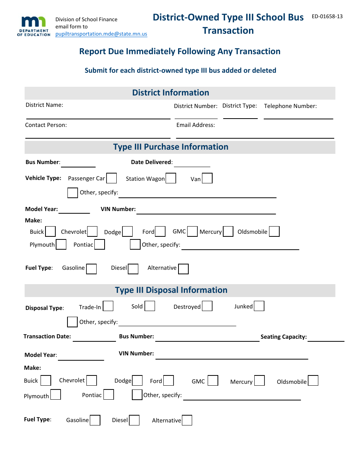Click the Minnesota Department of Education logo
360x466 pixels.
[x=33, y=26]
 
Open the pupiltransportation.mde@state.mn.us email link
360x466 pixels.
[x=101, y=34]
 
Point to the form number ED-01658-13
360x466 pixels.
[x=327, y=16]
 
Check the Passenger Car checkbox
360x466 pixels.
[x=111, y=178]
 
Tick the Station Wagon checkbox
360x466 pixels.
[x=171, y=178]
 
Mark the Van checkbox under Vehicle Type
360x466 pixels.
[x=207, y=178]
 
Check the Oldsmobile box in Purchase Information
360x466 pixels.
[x=274, y=231]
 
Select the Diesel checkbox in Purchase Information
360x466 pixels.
[x=133, y=269]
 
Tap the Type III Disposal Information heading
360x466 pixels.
[x=171, y=290]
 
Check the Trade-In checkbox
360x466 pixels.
[x=108, y=306]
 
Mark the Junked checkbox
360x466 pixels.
[x=259, y=306]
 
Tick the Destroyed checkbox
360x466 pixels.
[x=207, y=306]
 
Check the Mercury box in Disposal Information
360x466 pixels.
[x=260, y=381]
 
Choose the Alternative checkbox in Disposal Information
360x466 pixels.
[x=187, y=421]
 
